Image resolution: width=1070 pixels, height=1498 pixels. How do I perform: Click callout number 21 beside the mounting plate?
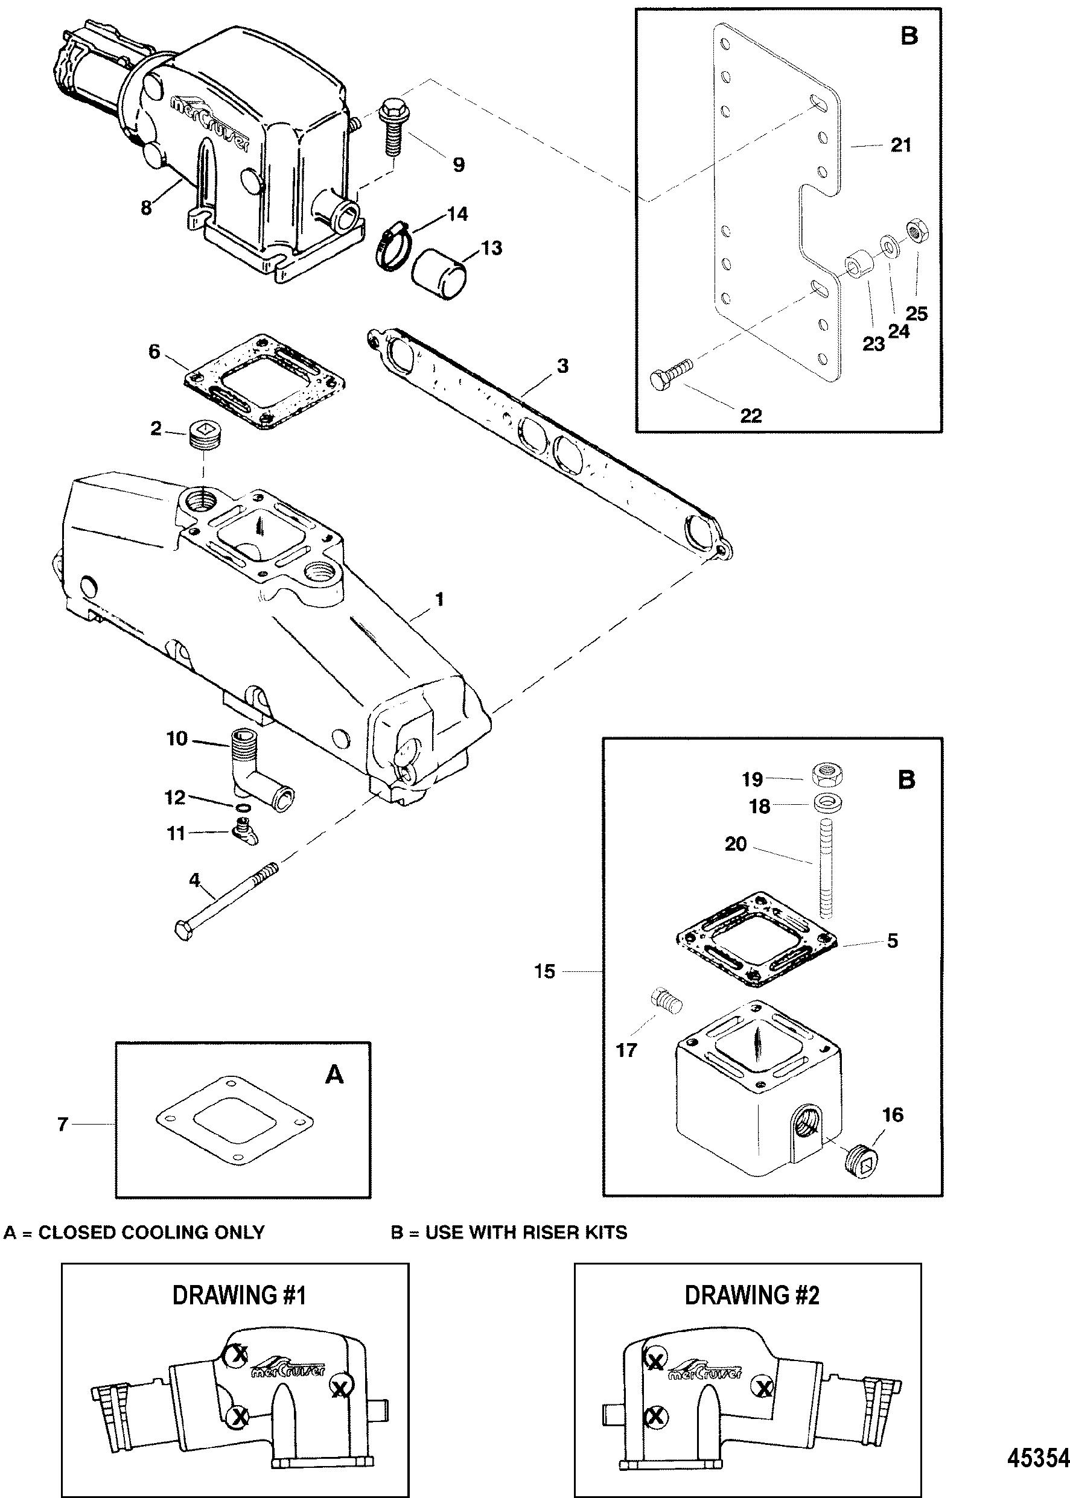(x=900, y=145)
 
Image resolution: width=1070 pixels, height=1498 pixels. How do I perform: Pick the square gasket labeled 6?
(x=266, y=382)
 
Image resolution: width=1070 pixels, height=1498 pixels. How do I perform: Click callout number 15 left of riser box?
(x=545, y=971)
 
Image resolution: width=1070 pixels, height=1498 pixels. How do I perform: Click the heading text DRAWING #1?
(x=238, y=1296)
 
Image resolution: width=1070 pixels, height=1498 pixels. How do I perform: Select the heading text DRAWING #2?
(x=751, y=1296)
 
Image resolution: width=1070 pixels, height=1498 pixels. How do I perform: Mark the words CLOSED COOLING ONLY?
(x=151, y=1232)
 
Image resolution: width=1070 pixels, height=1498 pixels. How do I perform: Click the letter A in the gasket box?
(x=336, y=1075)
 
